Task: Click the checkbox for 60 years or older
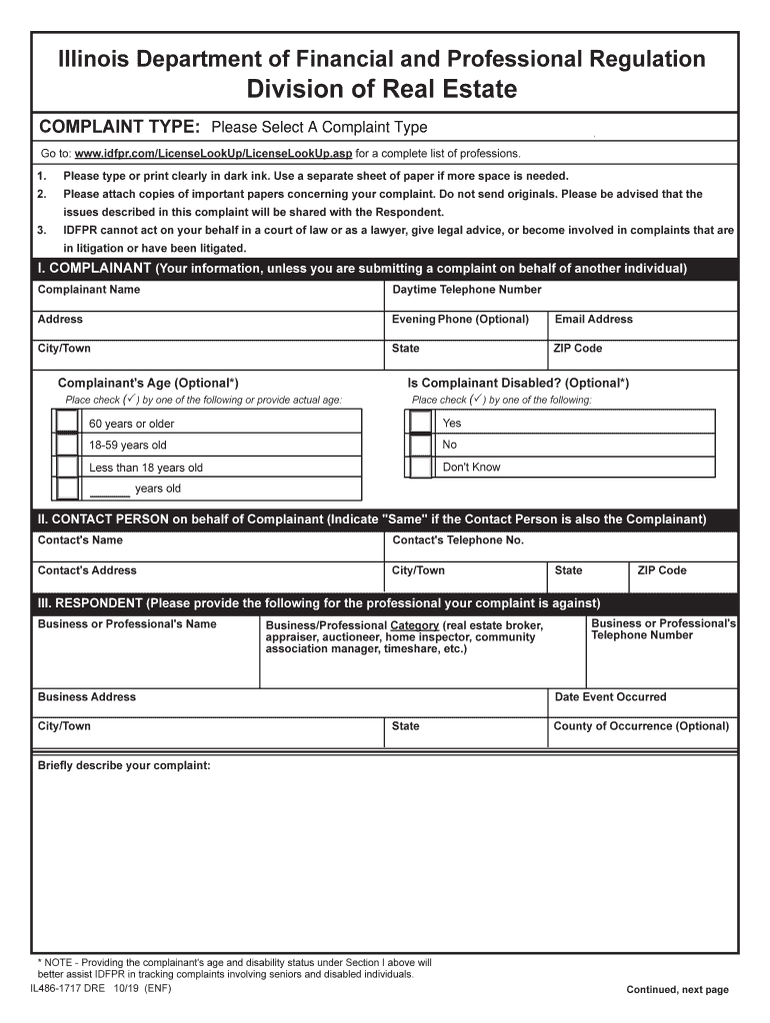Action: pyautogui.click(x=67, y=423)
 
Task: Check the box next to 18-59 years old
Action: pyautogui.click(x=67, y=445)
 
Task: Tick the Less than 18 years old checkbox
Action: pyautogui.click(x=67, y=467)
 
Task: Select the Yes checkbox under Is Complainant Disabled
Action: pyautogui.click(x=421, y=423)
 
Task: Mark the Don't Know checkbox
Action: pyautogui.click(x=421, y=467)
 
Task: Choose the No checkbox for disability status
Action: pyautogui.click(x=421, y=445)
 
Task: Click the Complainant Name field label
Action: pyautogui.click(x=89, y=290)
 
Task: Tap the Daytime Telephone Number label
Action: pyautogui.click(x=466, y=290)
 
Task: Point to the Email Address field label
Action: pyautogui.click(x=593, y=320)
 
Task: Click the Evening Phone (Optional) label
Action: pyautogui.click(x=460, y=320)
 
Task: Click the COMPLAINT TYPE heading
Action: pyautogui.click(x=119, y=127)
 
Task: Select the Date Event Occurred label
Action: pyautogui.click(x=610, y=697)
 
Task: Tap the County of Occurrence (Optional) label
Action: pyautogui.click(x=641, y=726)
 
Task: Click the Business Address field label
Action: pyautogui.click(x=86, y=697)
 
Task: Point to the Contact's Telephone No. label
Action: pyautogui.click(x=458, y=540)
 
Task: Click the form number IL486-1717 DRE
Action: pyautogui.click(x=67, y=989)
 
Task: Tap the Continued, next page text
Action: pyautogui.click(x=677, y=990)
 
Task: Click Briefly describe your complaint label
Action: pyautogui.click(x=124, y=765)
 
